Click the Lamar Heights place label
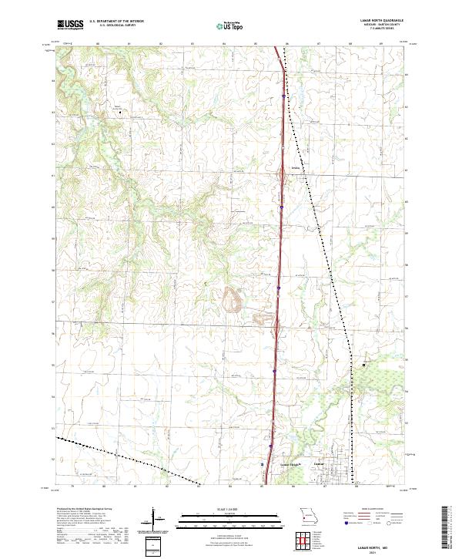click(288, 464)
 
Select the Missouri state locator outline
click(308, 515)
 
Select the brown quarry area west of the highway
click(233, 298)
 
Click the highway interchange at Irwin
click(283, 180)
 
